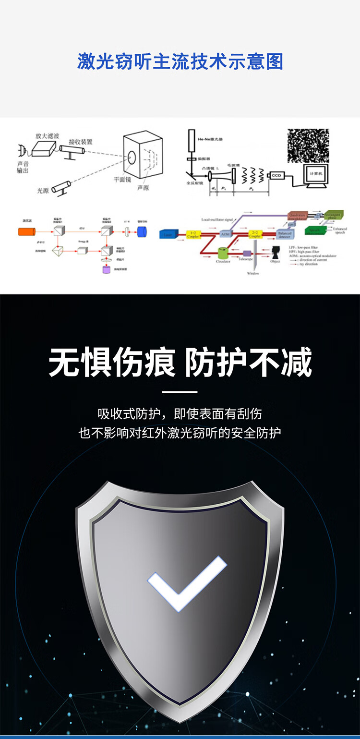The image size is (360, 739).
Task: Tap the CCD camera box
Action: pos(276,175)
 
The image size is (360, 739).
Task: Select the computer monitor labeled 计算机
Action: pos(315,173)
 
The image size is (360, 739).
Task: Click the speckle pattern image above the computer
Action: pos(308,145)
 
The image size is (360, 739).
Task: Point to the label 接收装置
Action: pos(81,142)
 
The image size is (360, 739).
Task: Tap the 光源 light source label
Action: pos(43,191)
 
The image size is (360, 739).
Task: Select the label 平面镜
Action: pos(122,180)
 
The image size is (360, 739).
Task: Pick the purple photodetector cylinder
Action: pos(106,270)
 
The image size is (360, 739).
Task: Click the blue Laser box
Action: pos(167,235)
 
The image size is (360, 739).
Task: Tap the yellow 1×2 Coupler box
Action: pos(192,234)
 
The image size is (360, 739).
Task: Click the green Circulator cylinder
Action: pos(223,253)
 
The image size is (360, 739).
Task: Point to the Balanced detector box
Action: pos(285,234)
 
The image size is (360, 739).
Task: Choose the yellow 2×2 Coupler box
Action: pos(255,234)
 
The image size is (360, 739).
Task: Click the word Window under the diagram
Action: pos(253,274)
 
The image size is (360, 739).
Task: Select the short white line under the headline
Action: pos(180,392)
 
